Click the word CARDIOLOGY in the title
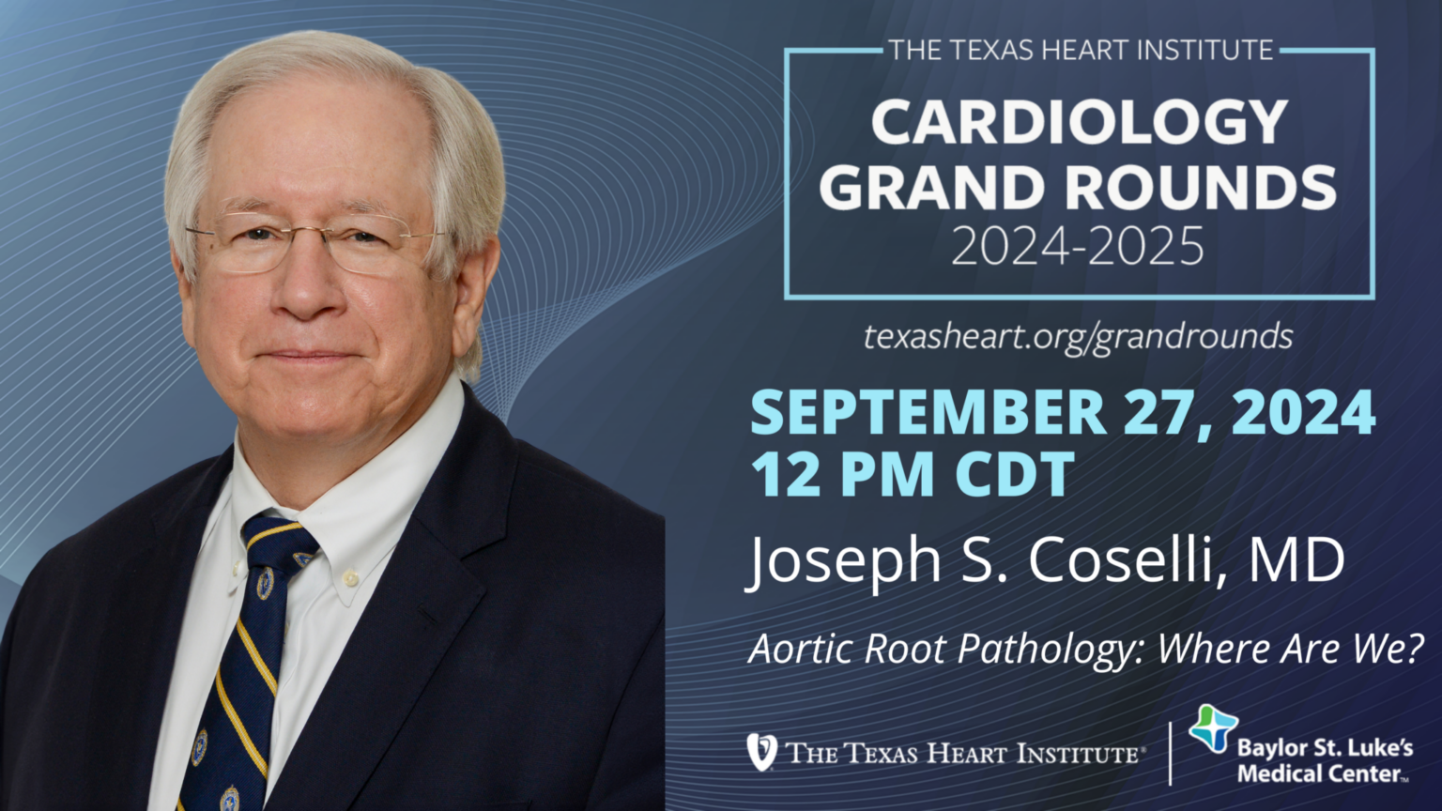[x=1079, y=122]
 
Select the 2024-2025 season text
[x=1077, y=246]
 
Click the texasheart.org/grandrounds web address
[x=1078, y=335]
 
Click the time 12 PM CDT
[x=912, y=474]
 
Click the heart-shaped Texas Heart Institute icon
[x=761, y=752]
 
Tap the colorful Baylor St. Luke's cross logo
[x=1213, y=727]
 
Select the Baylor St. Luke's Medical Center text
[x=1324, y=761]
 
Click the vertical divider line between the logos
[x=1171, y=753]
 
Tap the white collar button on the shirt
[x=353, y=574]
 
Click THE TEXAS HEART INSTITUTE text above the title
[x=1080, y=50]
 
